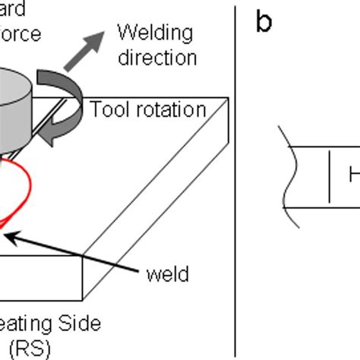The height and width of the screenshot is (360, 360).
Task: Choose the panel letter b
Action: (x=264, y=22)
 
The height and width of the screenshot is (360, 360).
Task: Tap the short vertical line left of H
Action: (x=329, y=176)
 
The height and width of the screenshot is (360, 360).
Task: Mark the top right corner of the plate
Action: (x=229, y=98)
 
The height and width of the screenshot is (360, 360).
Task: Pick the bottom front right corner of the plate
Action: (x=83, y=299)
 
